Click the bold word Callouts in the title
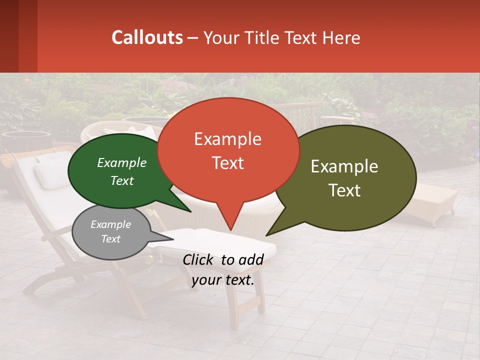pyautogui.click(x=147, y=37)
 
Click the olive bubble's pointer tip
pyautogui.click(x=266, y=235)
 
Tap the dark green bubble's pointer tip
pyautogui.click(x=190, y=211)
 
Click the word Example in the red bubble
pyautogui.click(x=227, y=139)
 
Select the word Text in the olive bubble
pyautogui.click(x=345, y=190)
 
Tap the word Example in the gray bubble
pyautogui.click(x=110, y=224)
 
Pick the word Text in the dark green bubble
pyautogui.click(x=122, y=180)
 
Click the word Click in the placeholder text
pyautogui.click(x=199, y=259)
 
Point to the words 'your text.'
pyautogui.click(x=223, y=280)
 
